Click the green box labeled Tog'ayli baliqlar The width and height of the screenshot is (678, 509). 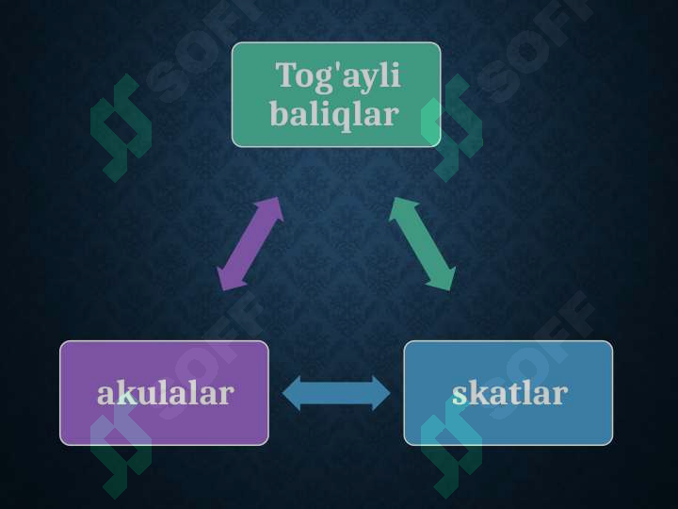[336, 95]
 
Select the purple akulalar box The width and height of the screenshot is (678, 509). [164, 393]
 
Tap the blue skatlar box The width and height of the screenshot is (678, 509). [508, 393]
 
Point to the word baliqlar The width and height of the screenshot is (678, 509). [334, 114]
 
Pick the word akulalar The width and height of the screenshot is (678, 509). [166, 393]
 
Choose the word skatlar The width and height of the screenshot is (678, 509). [509, 393]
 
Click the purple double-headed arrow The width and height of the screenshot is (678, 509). [250, 244]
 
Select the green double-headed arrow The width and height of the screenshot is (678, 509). [422, 244]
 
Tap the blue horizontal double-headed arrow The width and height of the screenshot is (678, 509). [336, 393]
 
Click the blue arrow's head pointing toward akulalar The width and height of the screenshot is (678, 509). [282, 393]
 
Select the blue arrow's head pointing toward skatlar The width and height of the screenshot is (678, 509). [390, 393]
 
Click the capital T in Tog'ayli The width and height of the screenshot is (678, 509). [285, 74]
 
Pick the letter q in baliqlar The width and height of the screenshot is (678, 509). [352, 118]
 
